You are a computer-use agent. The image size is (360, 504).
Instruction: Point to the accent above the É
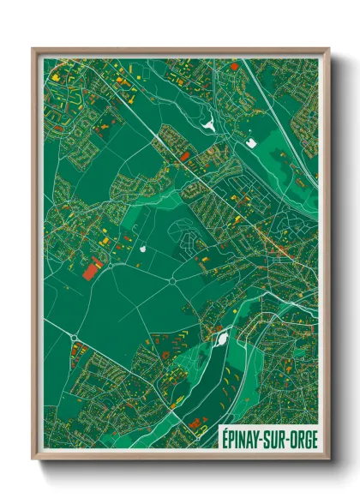(x=225, y=427)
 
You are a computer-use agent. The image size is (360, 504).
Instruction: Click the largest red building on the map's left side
(x=90, y=271)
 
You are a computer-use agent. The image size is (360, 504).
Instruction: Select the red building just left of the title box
(x=196, y=422)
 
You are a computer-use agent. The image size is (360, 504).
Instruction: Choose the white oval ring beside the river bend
(x=224, y=338)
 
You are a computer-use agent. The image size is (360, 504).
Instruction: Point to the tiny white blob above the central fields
(x=143, y=249)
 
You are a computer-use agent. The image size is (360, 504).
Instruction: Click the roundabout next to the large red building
(x=111, y=264)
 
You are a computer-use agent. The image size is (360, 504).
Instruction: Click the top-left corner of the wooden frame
(x=33, y=48)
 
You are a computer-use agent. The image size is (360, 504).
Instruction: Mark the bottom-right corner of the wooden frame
(x=330, y=462)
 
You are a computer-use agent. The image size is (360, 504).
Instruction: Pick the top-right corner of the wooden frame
(x=330, y=48)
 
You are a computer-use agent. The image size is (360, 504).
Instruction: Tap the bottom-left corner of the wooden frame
(x=33, y=462)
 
